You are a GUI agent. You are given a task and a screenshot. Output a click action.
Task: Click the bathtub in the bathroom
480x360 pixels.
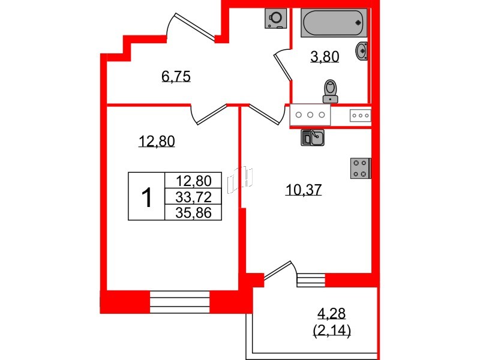[x=334, y=23]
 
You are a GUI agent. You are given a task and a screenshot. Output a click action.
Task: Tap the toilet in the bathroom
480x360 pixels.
[x=331, y=91]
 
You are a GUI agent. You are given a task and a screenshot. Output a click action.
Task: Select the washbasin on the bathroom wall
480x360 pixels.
[x=362, y=51]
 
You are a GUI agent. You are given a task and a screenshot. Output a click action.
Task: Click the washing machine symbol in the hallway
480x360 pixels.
[x=276, y=19]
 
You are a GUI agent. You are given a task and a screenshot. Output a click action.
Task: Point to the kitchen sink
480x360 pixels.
[x=313, y=137]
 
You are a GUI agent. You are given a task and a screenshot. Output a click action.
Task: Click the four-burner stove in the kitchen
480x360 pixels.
[x=361, y=168]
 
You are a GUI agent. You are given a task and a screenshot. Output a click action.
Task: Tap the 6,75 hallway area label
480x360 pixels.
[x=176, y=76]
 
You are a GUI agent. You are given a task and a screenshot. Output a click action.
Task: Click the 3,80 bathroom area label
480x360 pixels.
[x=325, y=56]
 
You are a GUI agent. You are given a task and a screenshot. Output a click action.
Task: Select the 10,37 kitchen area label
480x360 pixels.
[x=304, y=190]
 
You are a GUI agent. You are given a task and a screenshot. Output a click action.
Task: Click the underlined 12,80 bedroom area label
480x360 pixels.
[x=157, y=142]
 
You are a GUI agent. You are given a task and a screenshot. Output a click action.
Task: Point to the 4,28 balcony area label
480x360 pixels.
[x=332, y=313]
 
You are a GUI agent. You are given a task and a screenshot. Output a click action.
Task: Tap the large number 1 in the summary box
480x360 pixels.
[x=147, y=197]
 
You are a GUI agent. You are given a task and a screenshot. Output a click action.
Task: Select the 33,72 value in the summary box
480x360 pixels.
[x=193, y=197]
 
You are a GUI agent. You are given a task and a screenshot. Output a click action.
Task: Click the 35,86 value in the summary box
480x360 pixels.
[x=193, y=213]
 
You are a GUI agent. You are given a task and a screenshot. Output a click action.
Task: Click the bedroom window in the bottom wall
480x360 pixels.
[x=179, y=302]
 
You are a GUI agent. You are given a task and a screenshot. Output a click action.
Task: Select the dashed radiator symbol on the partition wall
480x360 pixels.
[x=240, y=180]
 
